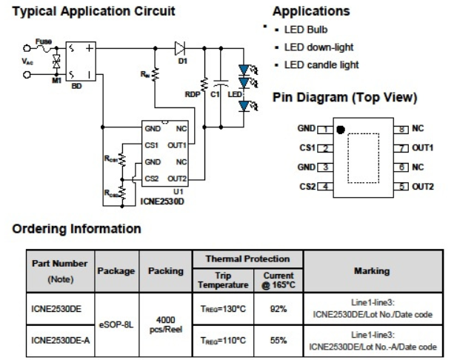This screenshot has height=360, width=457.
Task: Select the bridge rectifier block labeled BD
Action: tap(81, 63)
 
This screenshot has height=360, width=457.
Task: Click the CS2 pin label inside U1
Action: tap(152, 178)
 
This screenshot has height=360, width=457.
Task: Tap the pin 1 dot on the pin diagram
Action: tap(341, 130)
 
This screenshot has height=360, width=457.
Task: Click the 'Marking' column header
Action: tap(373, 270)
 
